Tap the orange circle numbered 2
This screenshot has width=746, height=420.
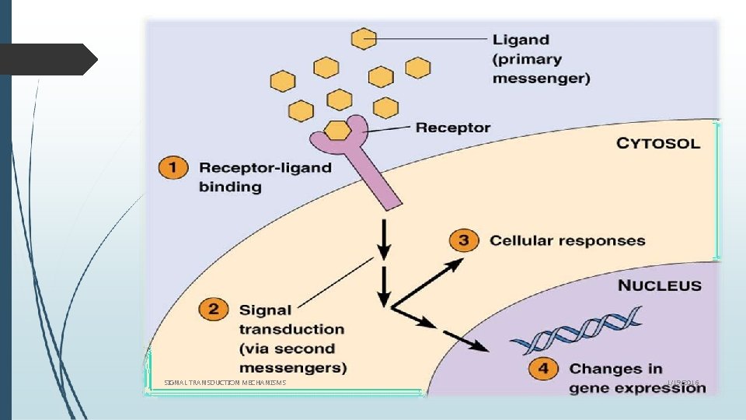[214, 310]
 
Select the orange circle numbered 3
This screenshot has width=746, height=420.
[463, 240]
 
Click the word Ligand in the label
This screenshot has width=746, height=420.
[521, 40]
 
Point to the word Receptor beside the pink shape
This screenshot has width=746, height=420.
[453, 128]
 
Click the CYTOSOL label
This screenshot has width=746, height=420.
[658, 143]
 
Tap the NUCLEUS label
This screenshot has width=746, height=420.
[659, 285]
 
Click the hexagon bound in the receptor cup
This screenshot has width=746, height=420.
[336, 130]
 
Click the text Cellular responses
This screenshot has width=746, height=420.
[567, 240]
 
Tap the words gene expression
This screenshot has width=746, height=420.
[637, 387]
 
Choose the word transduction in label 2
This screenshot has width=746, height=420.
[291, 329]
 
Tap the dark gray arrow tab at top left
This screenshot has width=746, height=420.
[47, 59]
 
